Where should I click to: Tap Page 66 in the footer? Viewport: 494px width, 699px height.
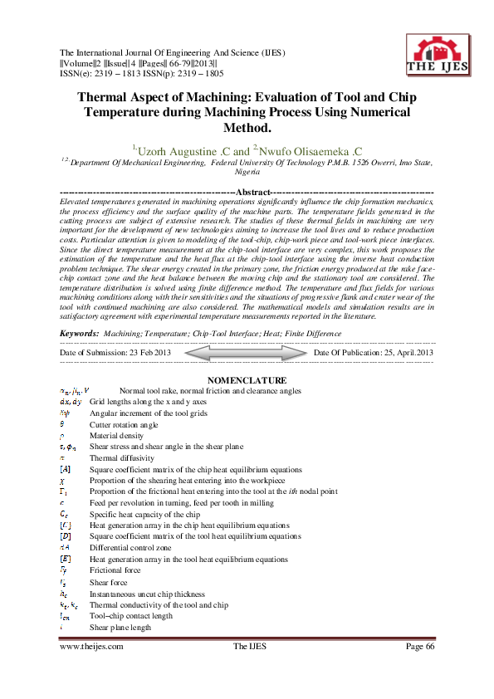420,648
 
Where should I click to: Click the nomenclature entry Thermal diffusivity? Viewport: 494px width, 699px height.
121,457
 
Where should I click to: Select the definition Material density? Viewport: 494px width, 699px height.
118,435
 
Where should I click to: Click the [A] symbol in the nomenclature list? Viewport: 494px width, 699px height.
66,469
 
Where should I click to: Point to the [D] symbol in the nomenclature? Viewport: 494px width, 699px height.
66,536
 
